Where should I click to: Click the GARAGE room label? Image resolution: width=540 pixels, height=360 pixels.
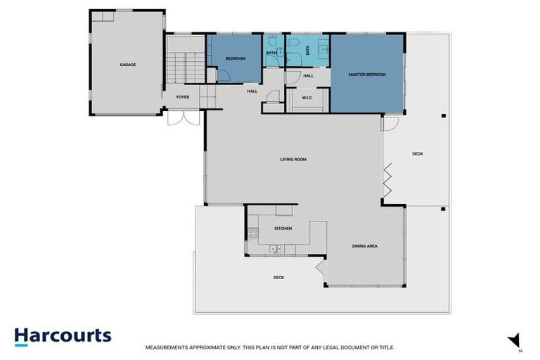(x=127, y=65)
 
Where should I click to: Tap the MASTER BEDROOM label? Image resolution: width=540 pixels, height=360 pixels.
(x=367, y=74)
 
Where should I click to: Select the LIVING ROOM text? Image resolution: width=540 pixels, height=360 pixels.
(x=293, y=160)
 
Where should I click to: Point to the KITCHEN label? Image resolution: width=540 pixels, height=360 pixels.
(x=283, y=229)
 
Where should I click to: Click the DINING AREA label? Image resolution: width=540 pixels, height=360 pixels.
(x=365, y=246)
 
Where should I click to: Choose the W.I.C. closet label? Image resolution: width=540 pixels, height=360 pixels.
(x=307, y=98)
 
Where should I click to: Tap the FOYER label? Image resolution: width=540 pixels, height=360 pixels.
(x=182, y=98)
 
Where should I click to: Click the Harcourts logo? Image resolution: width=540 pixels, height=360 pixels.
(x=63, y=336)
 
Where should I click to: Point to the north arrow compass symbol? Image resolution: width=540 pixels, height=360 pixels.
(x=515, y=340)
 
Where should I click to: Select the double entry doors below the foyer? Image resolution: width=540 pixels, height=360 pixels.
(x=179, y=117)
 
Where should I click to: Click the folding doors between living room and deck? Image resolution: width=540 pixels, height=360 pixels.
(x=386, y=181)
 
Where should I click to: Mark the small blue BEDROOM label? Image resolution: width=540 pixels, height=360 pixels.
(x=235, y=58)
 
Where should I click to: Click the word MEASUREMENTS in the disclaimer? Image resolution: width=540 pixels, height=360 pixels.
(x=166, y=347)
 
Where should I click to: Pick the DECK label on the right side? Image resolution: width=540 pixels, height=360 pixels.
(x=418, y=154)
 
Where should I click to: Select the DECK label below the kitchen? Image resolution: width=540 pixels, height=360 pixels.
(x=278, y=278)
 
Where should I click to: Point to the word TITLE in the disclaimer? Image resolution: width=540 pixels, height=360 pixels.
(x=387, y=347)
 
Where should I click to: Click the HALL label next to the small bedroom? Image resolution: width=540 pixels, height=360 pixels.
(x=252, y=91)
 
